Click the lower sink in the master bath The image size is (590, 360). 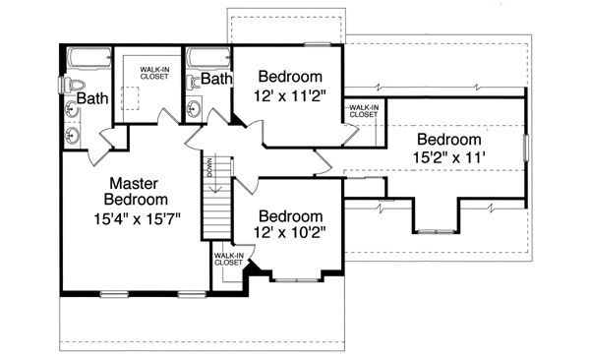pyautogui.click(x=73, y=134)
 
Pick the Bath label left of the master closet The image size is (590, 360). pyautogui.click(x=92, y=98)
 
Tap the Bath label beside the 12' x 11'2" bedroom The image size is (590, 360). pyautogui.click(x=216, y=78)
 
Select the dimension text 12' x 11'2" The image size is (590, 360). pyautogui.click(x=291, y=96)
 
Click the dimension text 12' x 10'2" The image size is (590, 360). pyautogui.click(x=291, y=234)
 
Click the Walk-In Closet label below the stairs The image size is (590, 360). pyautogui.click(x=228, y=259)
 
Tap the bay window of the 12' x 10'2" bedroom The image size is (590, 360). pyautogui.click(x=291, y=278)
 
